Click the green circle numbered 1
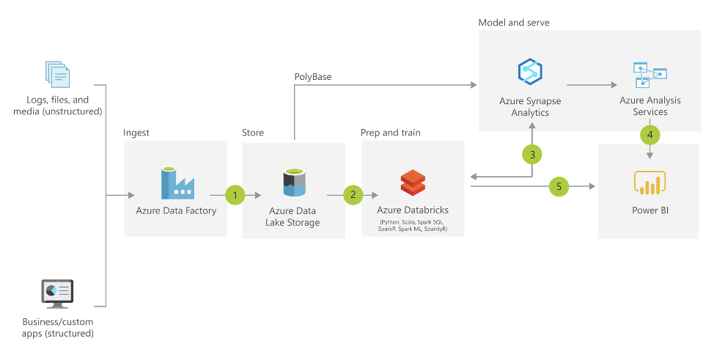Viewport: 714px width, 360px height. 235,195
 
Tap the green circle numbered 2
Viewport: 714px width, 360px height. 353,195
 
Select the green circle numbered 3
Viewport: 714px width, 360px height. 532,154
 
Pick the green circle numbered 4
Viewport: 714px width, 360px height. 649,135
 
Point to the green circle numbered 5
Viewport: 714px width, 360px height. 559,187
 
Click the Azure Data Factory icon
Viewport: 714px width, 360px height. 177,183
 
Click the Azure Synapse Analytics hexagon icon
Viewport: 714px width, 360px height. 529,72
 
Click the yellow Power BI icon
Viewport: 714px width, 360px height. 649,183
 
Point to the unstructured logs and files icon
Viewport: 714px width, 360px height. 57,76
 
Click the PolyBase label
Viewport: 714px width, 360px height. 313,76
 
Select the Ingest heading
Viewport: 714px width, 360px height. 136,133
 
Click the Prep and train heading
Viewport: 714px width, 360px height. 391,133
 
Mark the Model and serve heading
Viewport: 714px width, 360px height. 514,23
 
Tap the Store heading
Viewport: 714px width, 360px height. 253,133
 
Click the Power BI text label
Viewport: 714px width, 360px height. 649,211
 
